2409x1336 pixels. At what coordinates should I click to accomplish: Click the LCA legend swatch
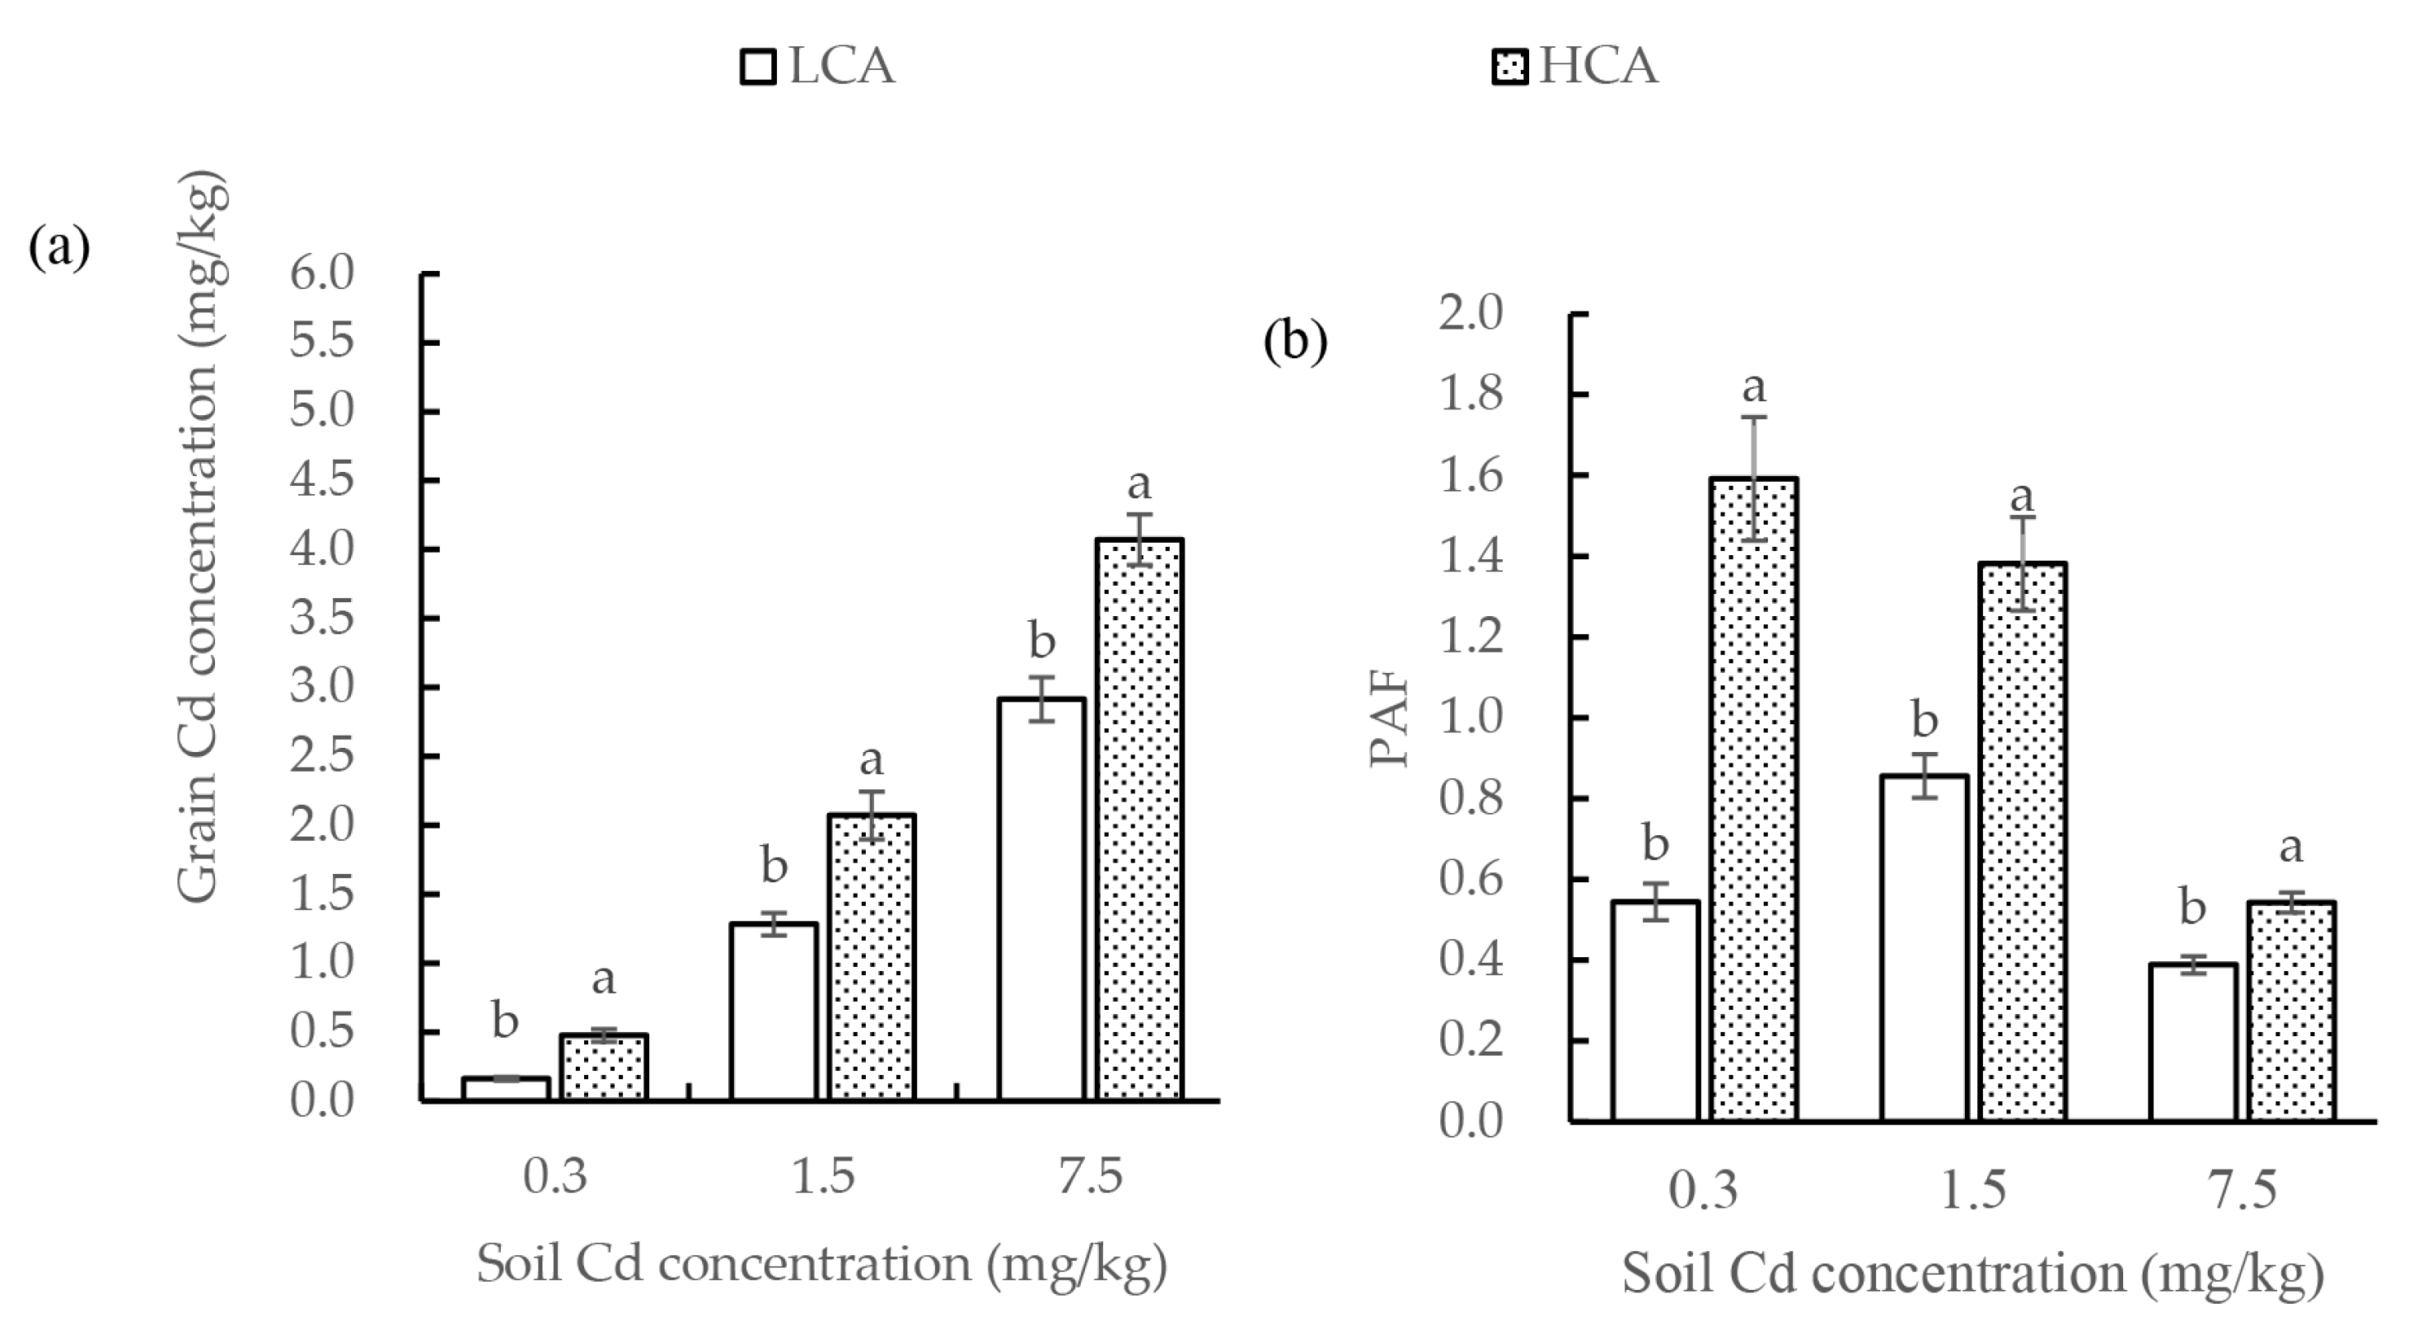pos(757,68)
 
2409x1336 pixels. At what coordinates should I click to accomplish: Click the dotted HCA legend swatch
pos(1509,68)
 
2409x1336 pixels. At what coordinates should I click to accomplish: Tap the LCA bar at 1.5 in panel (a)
pos(774,1011)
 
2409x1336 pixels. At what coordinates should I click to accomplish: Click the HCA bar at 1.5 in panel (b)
pos(2023,842)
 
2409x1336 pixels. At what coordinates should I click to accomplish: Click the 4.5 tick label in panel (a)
pos(321,480)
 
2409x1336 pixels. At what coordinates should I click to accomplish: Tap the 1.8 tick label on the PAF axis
pos(1470,394)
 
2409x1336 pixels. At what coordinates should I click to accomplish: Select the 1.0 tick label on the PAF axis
pos(1470,718)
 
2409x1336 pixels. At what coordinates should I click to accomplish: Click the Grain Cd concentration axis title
pos(200,538)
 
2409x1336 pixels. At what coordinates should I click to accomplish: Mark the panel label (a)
pos(60,248)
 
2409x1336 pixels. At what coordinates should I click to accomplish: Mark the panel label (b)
pos(1295,341)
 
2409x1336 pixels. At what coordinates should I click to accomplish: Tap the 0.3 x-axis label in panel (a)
pos(554,1176)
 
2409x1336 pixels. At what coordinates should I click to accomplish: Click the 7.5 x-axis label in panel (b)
pos(2243,1190)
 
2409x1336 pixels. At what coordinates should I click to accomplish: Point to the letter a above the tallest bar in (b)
pos(1753,385)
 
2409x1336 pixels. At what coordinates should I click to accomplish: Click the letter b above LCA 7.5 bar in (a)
pos(1041,642)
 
